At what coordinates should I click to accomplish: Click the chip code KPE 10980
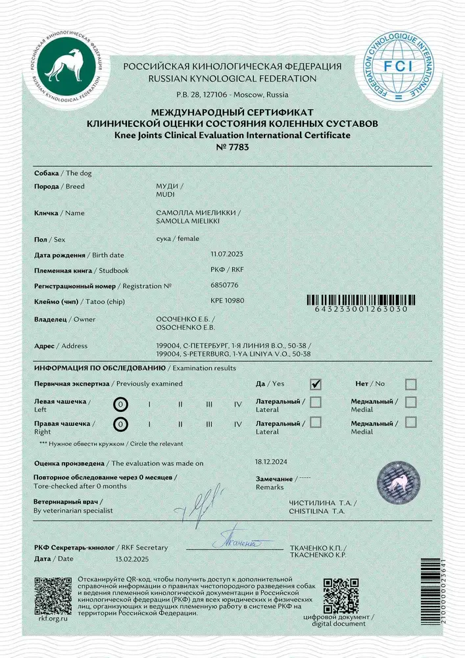(x=227, y=300)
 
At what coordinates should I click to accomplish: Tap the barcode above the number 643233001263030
(x=360, y=300)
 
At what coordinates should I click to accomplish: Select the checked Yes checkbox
(x=316, y=384)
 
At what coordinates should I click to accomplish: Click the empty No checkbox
(x=410, y=384)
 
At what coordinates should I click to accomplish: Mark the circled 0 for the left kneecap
(x=120, y=404)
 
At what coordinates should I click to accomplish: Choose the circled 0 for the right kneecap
(x=120, y=425)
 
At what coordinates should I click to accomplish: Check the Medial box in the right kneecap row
(x=410, y=422)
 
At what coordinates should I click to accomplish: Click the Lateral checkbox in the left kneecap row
(x=316, y=401)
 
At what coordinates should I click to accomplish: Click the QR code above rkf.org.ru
(x=53, y=594)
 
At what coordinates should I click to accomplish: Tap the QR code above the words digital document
(x=338, y=594)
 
